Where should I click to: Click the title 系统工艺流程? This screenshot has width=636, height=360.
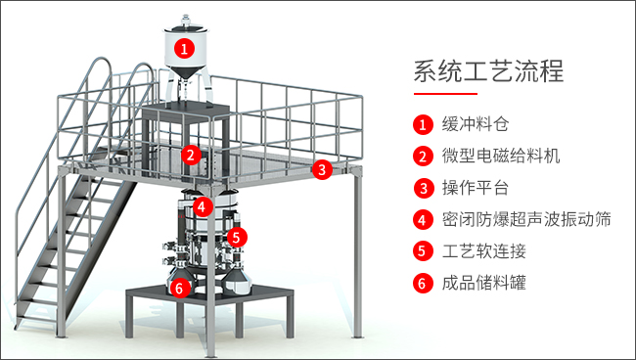coord(489,71)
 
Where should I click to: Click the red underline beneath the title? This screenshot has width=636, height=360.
coord(445,94)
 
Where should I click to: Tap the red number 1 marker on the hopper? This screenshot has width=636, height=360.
coord(185,49)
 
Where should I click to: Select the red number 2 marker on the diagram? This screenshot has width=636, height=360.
coord(191,155)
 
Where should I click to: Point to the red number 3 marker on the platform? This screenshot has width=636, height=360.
coord(322,169)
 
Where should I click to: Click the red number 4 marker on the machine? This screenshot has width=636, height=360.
coord(203,206)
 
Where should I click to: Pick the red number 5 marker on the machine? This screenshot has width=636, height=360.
coord(238,237)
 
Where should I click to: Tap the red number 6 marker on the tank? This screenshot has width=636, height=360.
coord(180,288)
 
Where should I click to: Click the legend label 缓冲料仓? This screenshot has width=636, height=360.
coord(475,124)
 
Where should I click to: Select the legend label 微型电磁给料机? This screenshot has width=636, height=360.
coord(501,156)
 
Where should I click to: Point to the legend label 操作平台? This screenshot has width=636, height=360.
coord(475,188)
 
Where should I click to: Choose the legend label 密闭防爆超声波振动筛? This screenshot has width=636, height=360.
coord(526,219)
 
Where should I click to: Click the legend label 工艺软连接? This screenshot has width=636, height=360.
coord(484,251)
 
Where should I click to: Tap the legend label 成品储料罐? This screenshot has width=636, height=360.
coord(484,283)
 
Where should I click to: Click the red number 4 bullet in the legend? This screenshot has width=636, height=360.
coord(423,220)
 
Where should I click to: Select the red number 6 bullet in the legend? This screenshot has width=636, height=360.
coord(423,283)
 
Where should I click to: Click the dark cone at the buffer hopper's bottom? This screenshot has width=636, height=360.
coord(186,73)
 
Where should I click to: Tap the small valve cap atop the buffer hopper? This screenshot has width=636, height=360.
coord(186,19)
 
